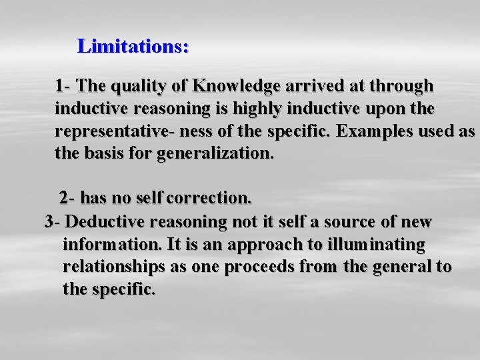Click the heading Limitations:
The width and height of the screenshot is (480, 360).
[133, 46]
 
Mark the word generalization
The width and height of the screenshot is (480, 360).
[215, 153]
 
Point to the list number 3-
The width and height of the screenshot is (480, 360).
[53, 221]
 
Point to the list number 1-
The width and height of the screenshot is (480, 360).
[64, 86]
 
